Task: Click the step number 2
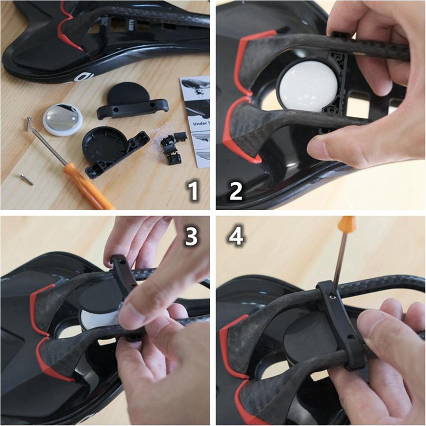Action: coord(235,191)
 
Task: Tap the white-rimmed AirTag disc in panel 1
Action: coord(62,119)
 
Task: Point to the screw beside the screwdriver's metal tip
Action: coord(28,123)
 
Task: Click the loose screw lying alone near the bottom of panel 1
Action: coord(27,179)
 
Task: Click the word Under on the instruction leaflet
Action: coord(201,124)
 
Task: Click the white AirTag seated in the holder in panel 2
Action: coord(308,87)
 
